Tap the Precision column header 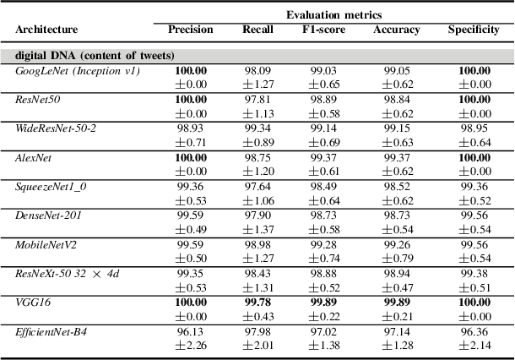pyautogui.click(x=190, y=30)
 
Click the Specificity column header pyautogui.click(x=473, y=30)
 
